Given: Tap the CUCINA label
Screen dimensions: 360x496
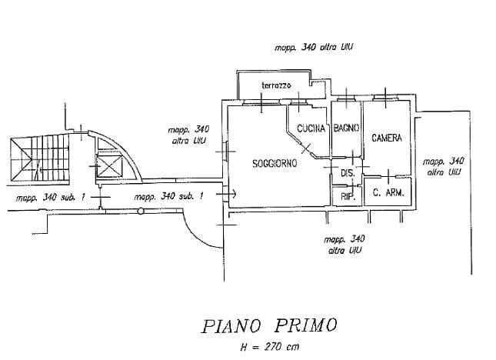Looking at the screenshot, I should tap(311, 128).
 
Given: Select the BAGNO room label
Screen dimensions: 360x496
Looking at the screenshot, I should tap(346, 128).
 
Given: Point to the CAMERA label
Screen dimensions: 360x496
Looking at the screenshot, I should tap(387, 138).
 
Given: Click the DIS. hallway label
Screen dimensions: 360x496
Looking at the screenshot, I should tap(347, 174).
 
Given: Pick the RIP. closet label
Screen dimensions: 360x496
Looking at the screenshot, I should tap(347, 197).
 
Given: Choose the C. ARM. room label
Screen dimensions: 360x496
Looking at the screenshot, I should tap(387, 193).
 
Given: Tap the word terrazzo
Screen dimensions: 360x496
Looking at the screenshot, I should tap(276, 85).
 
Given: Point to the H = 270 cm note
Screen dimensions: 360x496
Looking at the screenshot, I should tap(268, 347).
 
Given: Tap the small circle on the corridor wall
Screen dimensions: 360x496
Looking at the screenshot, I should tap(141, 210).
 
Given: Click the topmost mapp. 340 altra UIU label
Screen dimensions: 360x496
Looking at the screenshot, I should tap(314, 47).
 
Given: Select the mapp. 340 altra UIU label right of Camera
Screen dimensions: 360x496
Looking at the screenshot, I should tap(444, 166).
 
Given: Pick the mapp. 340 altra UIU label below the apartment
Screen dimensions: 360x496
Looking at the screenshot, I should tap(345, 245).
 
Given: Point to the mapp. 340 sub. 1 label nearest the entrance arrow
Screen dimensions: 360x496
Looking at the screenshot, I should tap(168, 197).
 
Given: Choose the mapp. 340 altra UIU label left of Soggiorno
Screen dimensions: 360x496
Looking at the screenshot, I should tap(188, 135).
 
